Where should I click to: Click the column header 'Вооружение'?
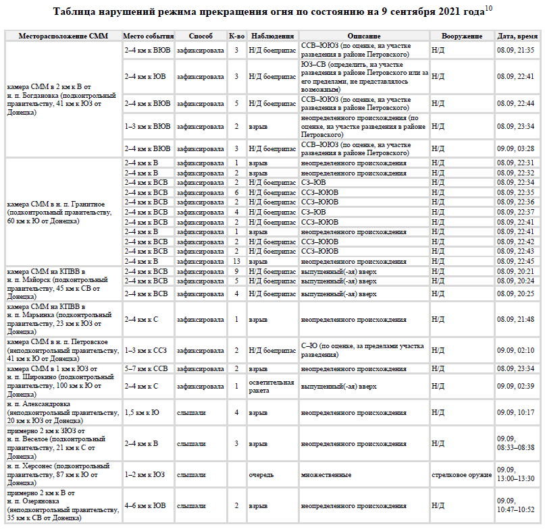pyautogui.click(x=462, y=36)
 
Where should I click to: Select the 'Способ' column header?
pyautogui.click(x=201, y=36)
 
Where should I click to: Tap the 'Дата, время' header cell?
pyautogui.click(x=517, y=36)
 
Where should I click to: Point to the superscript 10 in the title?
pyautogui.click(x=488, y=9)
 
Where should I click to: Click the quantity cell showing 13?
pyautogui.click(x=236, y=261)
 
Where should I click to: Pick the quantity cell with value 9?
pyautogui.click(x=236, y=271)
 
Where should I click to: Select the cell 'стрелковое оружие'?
pyautogui.click(x=462, y=475)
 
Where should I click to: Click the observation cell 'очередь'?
pyautogui.click(x=261, y=475)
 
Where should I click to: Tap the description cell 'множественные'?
pyautogui.click(x=326, y=475)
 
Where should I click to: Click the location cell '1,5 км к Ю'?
pyautogui.click(x=142, y=412)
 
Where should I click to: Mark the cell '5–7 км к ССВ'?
pyautogui.click(x=146, y=368)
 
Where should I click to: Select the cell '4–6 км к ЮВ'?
pyautogui.click(x=145, y=505)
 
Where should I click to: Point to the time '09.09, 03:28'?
pyautogui.click(x=516, y=148)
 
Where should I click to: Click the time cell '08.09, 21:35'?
pyautogui.click(x=516, y=50)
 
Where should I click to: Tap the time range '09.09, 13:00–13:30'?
pyautogui.click(x=516, y=475)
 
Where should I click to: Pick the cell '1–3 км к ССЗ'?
pyautogui.click(x=146, y=351)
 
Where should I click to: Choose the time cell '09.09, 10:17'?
pyautogui.click(x=516, y=412)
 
